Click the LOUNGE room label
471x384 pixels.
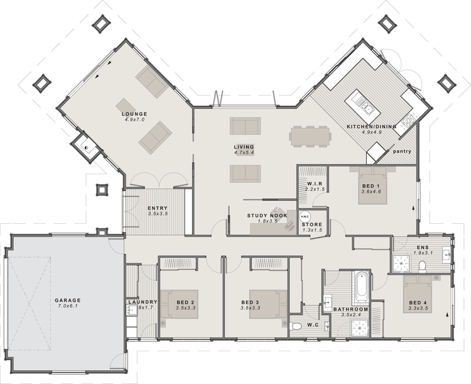point(134,114)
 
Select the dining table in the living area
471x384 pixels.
point(310,135)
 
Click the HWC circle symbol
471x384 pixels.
point(304,214)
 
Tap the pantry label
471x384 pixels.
point(401,151)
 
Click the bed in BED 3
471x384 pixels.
point(266,303)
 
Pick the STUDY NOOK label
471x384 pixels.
point(267,216)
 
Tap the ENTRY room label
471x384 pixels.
point(157,209)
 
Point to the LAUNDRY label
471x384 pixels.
point(141,302)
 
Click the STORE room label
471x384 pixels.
point(312,224)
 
